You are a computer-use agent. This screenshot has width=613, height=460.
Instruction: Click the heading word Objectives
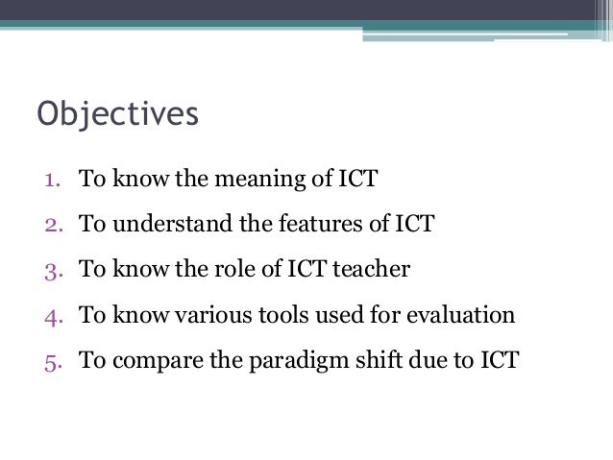pos(118,112)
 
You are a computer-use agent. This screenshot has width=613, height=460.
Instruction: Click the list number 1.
pos(50,179)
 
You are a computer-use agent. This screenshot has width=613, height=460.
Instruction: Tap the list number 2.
pos(50,225)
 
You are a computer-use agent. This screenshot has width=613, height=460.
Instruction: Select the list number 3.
pos(50,270)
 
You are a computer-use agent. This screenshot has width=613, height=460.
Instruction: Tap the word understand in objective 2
pos(169,225)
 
